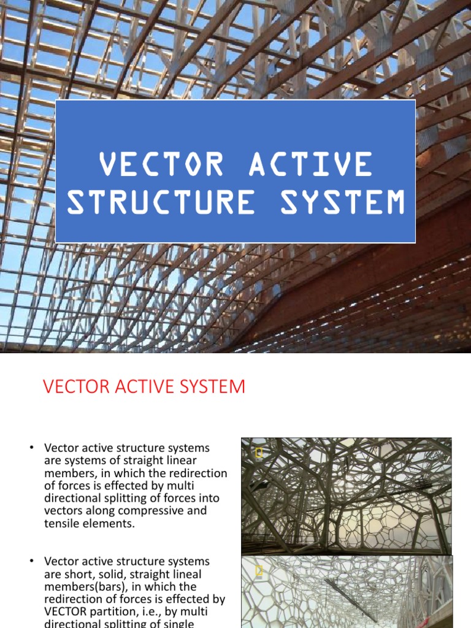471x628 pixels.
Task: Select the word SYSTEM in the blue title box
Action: click(x=343, y=202)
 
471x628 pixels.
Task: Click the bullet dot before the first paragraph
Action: click(x=31, y=448)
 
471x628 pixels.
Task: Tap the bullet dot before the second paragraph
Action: click(x=31, y=562)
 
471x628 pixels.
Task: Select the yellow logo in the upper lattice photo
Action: click(x=259, y=453)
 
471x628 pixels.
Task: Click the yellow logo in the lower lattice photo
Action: click(x=259, y=571)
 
